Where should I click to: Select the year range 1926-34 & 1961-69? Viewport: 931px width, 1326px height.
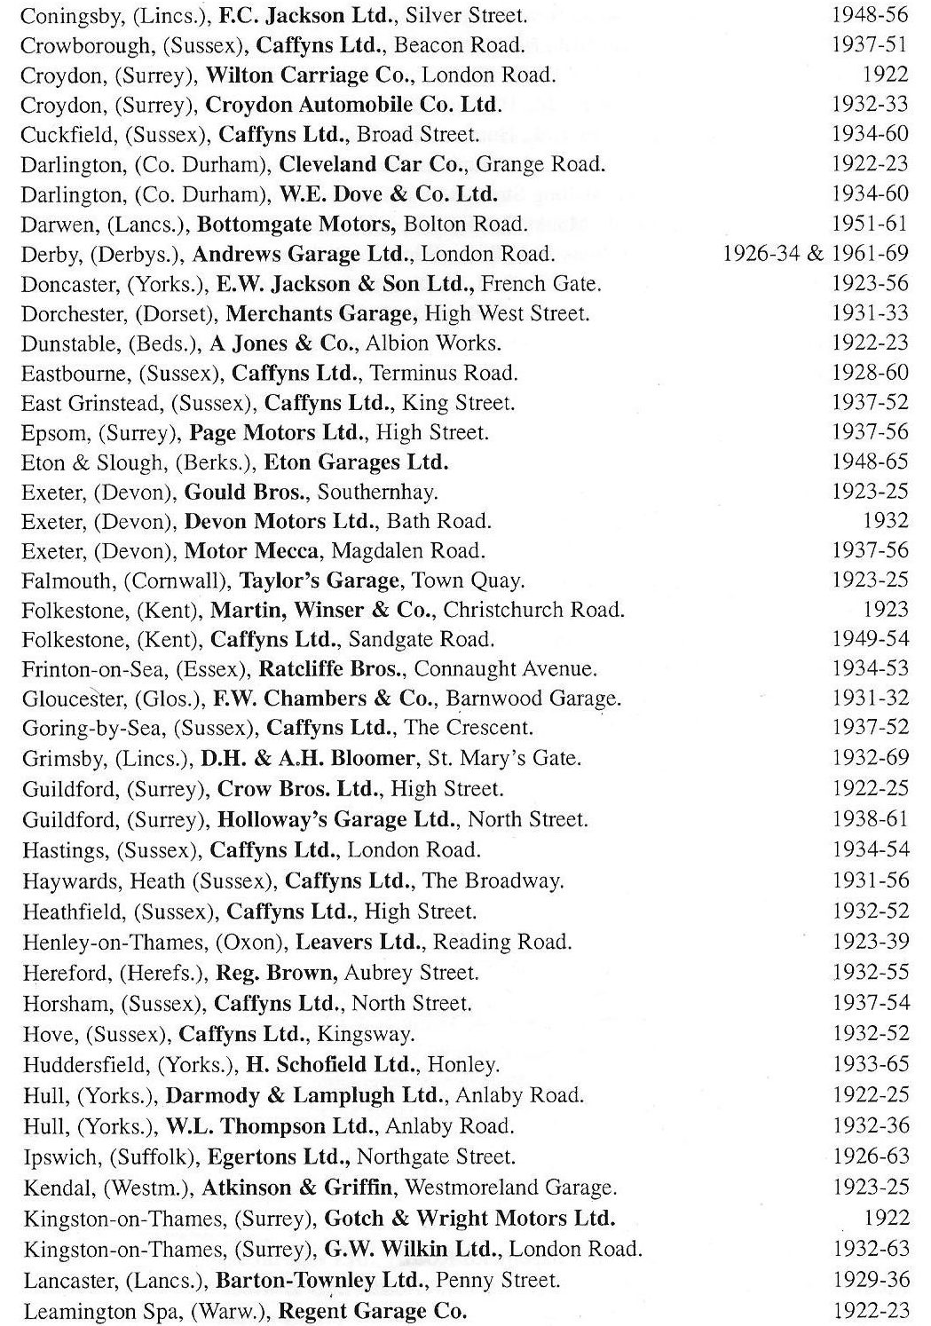click(816, 254)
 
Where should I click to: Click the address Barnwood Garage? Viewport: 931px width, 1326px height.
click(533, 699)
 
